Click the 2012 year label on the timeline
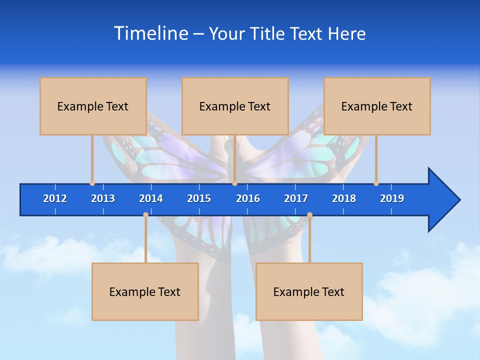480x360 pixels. [x=55, y=198]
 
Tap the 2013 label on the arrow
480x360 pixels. [x=103, y=198]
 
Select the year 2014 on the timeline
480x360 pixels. [x=151, y=198]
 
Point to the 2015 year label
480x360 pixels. [x=199, y=198]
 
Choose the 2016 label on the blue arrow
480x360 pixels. [x=248, y=198]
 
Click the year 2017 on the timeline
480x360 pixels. [x=296, y=198]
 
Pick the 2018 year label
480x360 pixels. [x=344, y=198]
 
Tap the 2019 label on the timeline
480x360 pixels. [x=392, y=198]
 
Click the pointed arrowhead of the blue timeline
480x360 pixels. [x=445, y=200]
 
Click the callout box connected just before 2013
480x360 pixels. [x=93, y=106]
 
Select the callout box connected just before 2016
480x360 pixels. [x=235, y=106]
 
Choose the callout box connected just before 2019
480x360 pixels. [x=377, y=106]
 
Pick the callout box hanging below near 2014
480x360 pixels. [x=145, y=291]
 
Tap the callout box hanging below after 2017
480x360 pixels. [x=309, y=291]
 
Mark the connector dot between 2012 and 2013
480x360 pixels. [x=92, y=183]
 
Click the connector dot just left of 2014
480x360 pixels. [x=145, y=214]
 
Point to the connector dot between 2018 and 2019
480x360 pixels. [x=376, y=183]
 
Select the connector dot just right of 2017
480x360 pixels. [x=309, y=214]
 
